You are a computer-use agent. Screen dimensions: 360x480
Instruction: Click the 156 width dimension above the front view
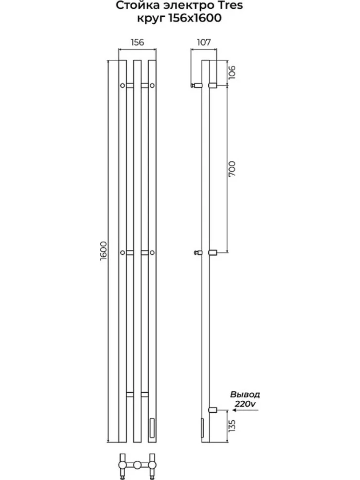(137, 42)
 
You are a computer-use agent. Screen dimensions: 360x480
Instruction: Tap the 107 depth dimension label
(204, 42)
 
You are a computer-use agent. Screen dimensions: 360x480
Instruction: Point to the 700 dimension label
(232, 168)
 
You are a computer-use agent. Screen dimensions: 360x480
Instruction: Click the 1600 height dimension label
(103, 251)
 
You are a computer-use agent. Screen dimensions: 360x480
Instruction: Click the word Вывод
(245, 394)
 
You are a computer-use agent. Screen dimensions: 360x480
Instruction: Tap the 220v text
(245, 404)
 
